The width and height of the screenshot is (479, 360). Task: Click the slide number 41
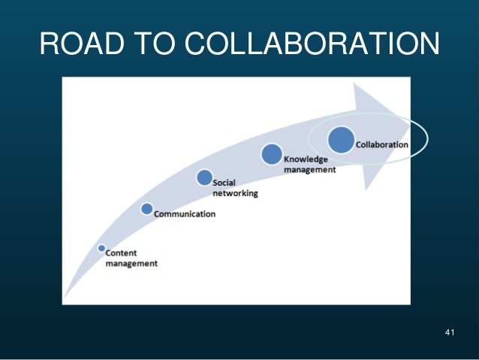point(450,332)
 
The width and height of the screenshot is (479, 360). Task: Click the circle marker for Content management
point(101,248)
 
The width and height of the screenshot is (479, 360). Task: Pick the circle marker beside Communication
point(147,209)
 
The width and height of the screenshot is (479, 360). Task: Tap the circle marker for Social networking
point(204,177)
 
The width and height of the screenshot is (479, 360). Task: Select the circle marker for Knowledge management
point(271,155)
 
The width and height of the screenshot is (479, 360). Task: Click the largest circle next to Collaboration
point(341,140)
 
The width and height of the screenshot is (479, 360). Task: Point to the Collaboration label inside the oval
point(382,144)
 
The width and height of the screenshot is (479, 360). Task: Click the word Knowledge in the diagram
point(305,159)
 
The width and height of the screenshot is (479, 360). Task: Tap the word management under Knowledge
point(309,170)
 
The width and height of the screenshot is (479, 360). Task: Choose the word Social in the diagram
point(224,183)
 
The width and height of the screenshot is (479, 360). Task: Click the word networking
point(235,193)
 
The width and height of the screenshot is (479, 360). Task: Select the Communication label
point(185,214)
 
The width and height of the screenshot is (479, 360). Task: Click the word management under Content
point(131,264)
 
